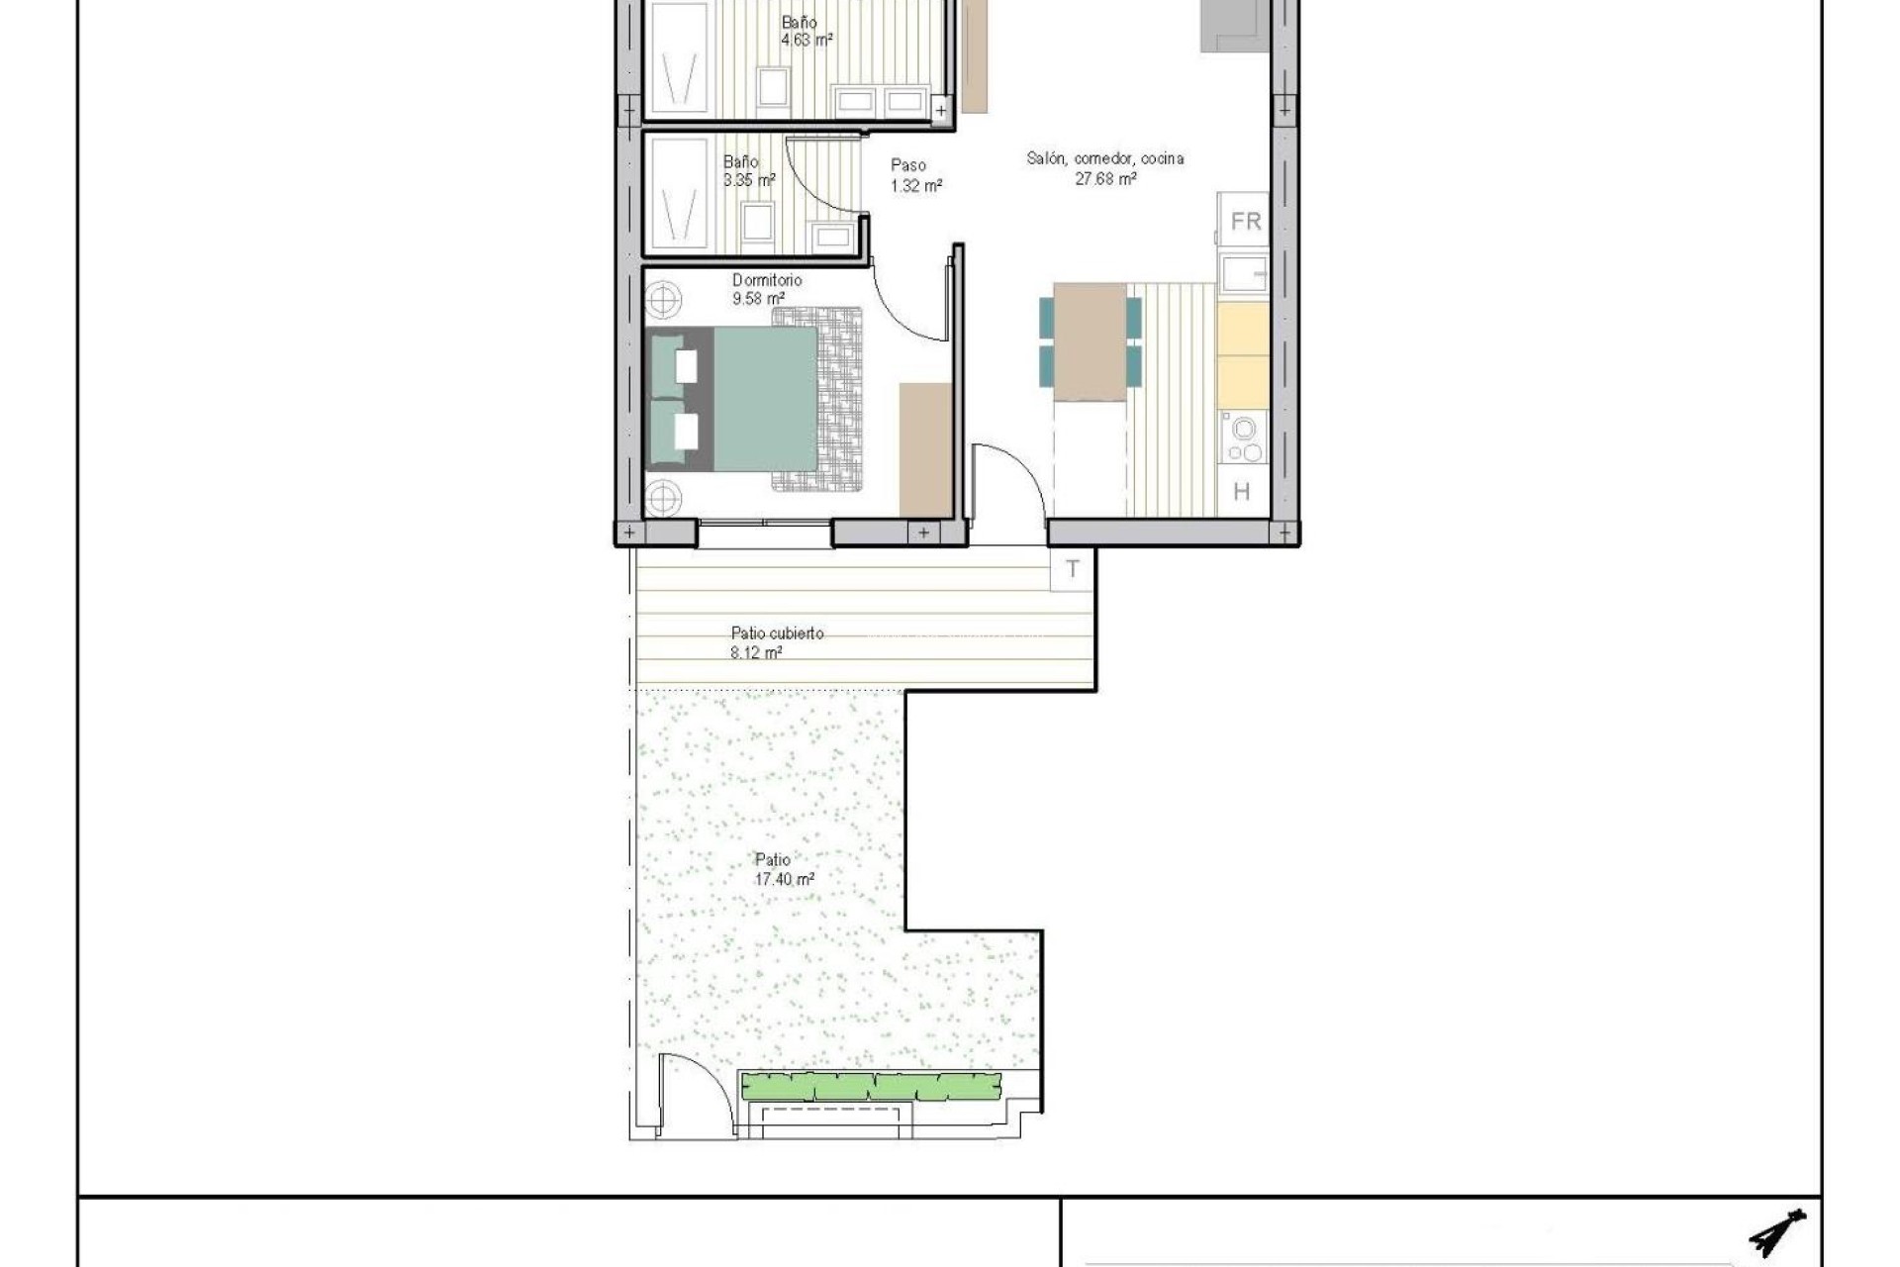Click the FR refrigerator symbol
point(1245,222)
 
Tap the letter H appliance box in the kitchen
point(1242,491)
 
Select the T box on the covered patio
point(1073,570)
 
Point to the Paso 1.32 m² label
point(914,175)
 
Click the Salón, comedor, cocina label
point(1104,168)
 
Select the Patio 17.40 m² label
point(782,869)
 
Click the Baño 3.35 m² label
point(746,170)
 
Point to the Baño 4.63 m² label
point(804,31)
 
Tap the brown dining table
point(1090,341)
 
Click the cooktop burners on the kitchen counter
point(1242,439)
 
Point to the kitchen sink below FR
point(1242,272)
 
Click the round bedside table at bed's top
point(662,298)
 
